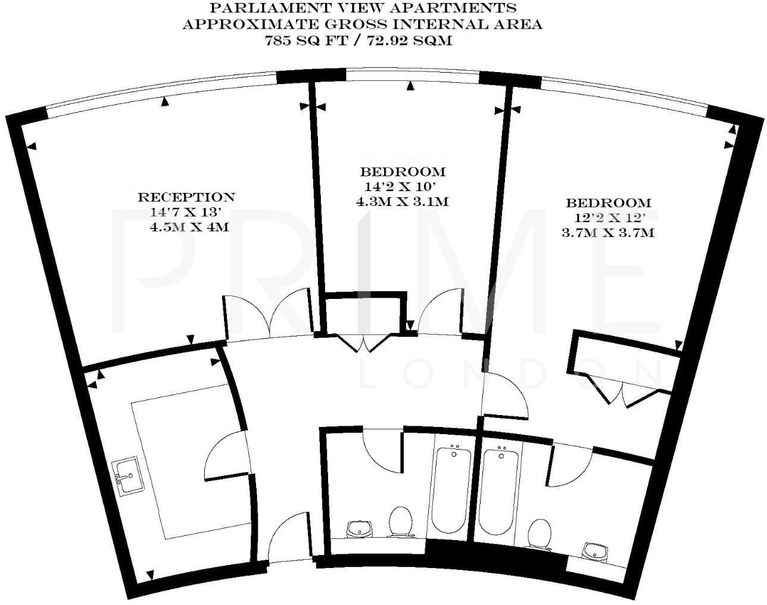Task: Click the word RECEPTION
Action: pyautogui.click(x=186, y=197)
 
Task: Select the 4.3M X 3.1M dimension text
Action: pyautogui.click(x=402, y=202)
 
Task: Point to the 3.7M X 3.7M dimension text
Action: pyautogui.click(x=607, y=233)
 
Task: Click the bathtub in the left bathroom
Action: pyautogui.click(x=453, y=491)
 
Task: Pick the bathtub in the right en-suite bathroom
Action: pyautogui.click(x=500, y=491)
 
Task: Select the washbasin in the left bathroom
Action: pyautogui.click(x=360, y=528)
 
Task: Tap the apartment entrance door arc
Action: pyautogui.click(x=287, y=536)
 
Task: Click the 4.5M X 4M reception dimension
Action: pyautogui.click(x=189, y=227)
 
